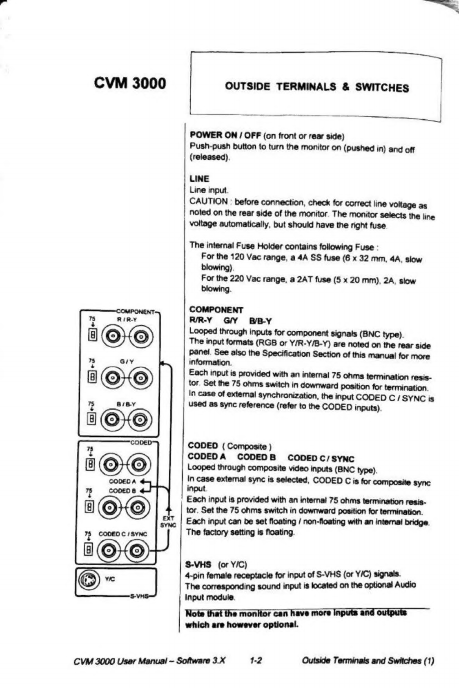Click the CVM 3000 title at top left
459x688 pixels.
pyautogui.click(x=130, y=83)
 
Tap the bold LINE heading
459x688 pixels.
pyautogui.click(x=199, y=179)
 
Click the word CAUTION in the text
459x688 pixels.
pyautogui.click(x=208, y=201)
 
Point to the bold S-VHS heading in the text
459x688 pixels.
pyautogui.click(x=198, y=565)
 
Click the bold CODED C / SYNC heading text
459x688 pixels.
pyautogui.click(x=321, y=458)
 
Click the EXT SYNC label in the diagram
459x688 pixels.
pyautogui.click(x=167, y=522)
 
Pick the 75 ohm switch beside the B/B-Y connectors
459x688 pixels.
pyautogui.click(x=93, y=419)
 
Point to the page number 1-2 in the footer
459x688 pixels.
pyautogui.click(x=256, y=660)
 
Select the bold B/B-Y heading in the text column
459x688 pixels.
pyautogui.click(x=260, y=321)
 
